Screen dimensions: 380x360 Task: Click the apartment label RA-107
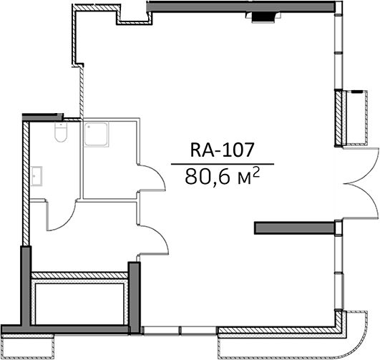222,150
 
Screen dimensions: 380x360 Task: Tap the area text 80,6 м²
223,177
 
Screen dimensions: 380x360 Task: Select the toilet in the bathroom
60,132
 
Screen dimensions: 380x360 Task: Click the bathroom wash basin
36,176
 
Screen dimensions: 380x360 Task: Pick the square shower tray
96,135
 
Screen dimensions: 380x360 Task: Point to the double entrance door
361,184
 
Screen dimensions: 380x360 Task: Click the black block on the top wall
263,17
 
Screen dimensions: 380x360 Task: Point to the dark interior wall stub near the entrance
294,228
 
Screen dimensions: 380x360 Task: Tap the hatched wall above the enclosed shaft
79,275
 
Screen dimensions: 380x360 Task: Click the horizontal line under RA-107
223,164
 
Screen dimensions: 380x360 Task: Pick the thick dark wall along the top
241,6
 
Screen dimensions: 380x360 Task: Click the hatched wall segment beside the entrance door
338,118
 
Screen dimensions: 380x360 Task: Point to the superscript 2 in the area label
256,173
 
